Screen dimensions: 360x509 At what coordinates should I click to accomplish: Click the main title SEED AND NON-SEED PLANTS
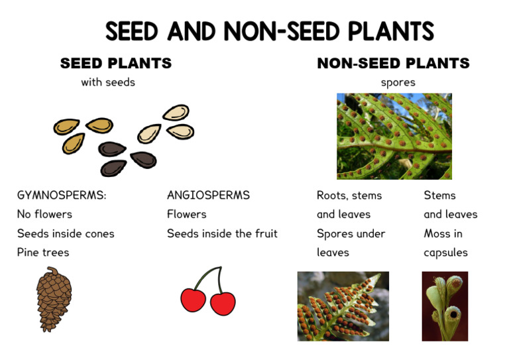point(270,31)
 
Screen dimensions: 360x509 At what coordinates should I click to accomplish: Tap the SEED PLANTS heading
point(116,64)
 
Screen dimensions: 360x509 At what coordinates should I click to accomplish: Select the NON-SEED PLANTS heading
point(393,64)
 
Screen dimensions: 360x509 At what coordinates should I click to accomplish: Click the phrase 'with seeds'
point(108,83)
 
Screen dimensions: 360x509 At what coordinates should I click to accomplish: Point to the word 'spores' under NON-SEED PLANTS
point(398,83)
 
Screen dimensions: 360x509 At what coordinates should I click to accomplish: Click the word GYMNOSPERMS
point(62,196)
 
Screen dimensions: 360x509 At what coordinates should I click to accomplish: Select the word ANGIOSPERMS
point(208,196)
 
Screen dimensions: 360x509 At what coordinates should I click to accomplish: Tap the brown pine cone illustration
point(54,298)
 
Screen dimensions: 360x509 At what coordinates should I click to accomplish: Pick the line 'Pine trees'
point(43,253)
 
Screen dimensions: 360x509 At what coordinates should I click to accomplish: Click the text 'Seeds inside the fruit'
point(222,233)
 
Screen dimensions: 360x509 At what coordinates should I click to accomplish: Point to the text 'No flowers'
point(44,214)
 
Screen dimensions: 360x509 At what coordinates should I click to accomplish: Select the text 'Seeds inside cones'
point(66,233)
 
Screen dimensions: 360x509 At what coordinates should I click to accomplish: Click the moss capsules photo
point(445,306)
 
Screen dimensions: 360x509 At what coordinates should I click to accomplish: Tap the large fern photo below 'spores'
point(394,136)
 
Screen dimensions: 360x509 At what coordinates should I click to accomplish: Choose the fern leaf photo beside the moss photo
point(343,306)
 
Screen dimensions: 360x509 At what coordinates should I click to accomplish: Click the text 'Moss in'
point(443,233)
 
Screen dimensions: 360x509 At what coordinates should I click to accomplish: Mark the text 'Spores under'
point(351,233)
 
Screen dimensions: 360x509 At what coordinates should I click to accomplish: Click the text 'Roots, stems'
point(349,196)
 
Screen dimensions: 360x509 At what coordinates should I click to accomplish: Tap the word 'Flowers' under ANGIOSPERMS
point(187,214)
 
